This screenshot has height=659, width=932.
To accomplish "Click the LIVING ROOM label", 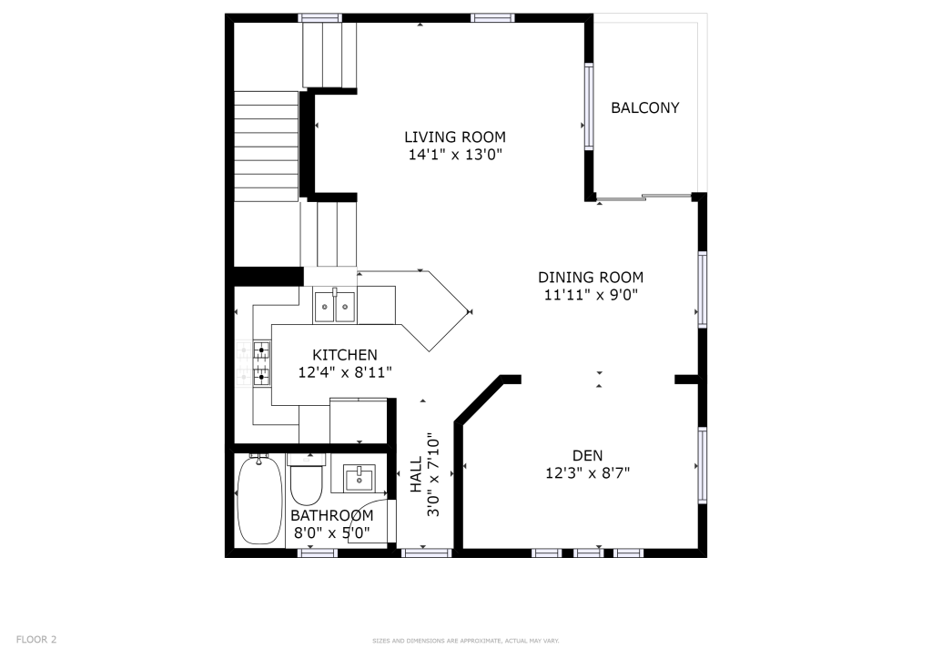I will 454,137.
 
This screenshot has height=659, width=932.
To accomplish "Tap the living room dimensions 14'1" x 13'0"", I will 454,155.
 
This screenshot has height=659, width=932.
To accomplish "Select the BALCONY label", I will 644,107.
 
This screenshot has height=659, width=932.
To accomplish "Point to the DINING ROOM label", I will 590,278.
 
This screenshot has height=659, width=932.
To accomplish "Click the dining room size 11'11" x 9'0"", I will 590,295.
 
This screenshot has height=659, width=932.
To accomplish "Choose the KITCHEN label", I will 344,354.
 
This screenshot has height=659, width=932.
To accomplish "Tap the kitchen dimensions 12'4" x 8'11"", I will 344,371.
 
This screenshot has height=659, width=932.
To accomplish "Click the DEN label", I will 587,455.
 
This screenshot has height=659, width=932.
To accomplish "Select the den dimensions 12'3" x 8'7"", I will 587,472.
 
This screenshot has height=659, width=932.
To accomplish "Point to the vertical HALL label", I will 416,473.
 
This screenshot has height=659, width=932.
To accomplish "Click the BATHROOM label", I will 331,515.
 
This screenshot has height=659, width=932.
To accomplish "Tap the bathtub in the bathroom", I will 259,500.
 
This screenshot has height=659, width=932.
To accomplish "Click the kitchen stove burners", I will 262,362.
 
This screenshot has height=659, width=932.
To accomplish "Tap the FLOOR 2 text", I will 36,640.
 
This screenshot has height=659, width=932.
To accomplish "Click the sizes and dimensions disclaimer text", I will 465,642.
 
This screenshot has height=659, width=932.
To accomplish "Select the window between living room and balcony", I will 589,107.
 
